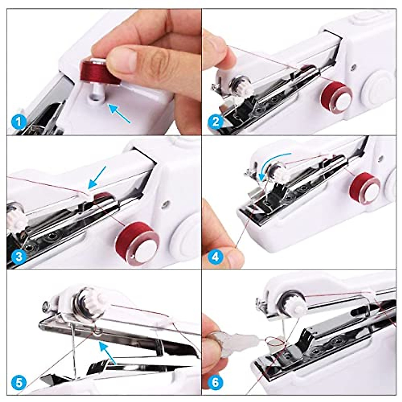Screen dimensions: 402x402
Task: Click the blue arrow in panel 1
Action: point(119,113)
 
